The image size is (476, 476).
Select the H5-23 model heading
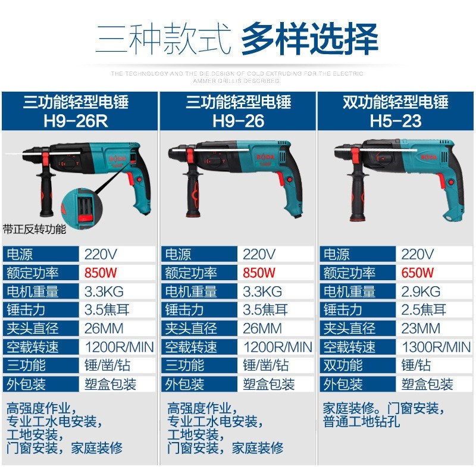tap(396, 121)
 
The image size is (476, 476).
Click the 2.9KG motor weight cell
tap(421, 292)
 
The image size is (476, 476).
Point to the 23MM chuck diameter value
tap(421, 328)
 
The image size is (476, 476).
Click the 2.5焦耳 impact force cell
tap(424, 310)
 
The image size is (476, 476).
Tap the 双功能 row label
tap(343, 365)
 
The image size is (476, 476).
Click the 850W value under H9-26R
tap(101, 273)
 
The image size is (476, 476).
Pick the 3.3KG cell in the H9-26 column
tap(262, 292)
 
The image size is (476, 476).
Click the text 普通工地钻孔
tap(361, 423)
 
